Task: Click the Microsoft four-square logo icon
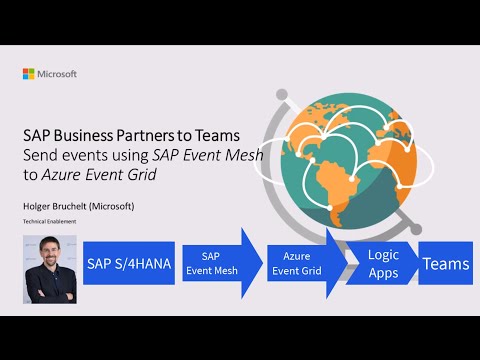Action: coord(28,74)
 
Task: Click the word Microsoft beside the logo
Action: coord(57,74)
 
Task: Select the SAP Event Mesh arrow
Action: coord(217,263)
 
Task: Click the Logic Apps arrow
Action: coord(383,263)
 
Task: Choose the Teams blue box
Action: coord(445,263)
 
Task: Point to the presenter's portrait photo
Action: coord(50,268)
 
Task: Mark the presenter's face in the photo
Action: coord(50,256)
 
